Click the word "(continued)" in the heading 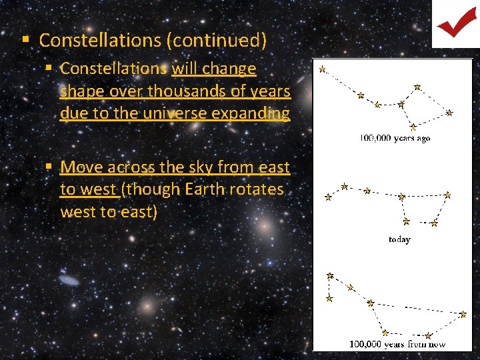(x=218, y=40)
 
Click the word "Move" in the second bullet (x=83, y=167)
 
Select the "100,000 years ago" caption (x=395, y=139)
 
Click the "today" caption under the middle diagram (x=399, y=239)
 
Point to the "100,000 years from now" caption (x=397, y=345)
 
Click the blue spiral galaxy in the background (x=69, y=279)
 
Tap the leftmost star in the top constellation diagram (x=322, y=69)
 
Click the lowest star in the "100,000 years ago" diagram (x=413, y=126)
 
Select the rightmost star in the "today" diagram (x=447, y=195)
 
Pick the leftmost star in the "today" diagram (x=327, y=197)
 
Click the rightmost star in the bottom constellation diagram (x=463, y=313)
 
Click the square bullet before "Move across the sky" (x=49, y=167)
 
